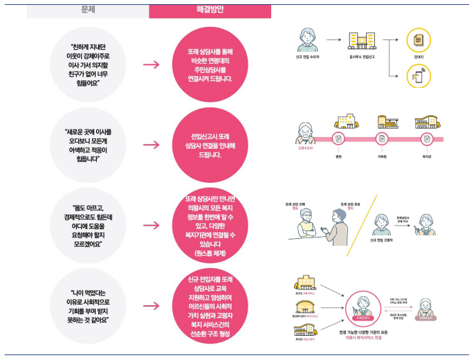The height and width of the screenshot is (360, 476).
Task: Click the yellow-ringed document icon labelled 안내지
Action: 419,40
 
